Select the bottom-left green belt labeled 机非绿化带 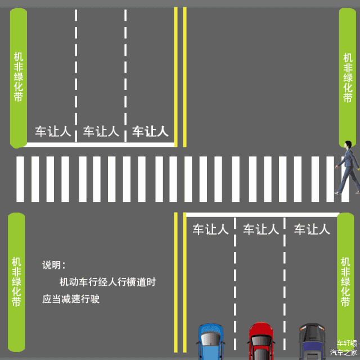coord(16,281)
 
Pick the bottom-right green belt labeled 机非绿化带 coord(345,281)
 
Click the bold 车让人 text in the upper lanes coord(150,132)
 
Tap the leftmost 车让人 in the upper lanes coord(53,132)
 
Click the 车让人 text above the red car coord(260,229)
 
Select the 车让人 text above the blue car coord(210,229)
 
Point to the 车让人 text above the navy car coord(312,229)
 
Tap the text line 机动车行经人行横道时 coord(107,282)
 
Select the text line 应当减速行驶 coord(71,299)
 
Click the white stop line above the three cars coord(262,214)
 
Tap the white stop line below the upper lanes coord(98,145)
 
